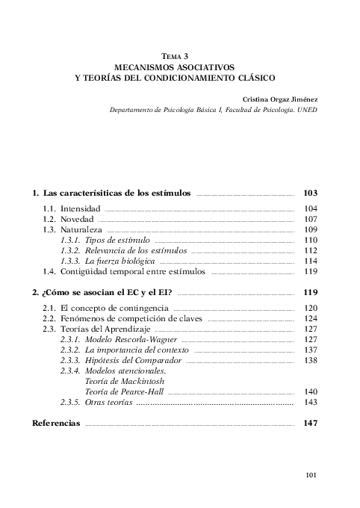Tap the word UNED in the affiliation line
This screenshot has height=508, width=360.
coord(308,108)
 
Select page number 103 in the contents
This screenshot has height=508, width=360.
coord(311,193)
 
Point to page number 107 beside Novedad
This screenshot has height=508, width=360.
coord(311,220)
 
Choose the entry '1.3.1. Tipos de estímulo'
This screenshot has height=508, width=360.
coord(105,241)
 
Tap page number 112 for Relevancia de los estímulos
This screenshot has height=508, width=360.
coord(311,251)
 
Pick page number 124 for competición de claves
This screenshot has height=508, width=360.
coord(311,318)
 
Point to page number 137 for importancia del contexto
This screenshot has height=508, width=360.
coord(311,350)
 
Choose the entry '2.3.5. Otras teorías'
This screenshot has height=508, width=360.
coord(96,403)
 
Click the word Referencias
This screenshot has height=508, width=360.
coord(55,424)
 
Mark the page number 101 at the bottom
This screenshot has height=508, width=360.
coord(314,475)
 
